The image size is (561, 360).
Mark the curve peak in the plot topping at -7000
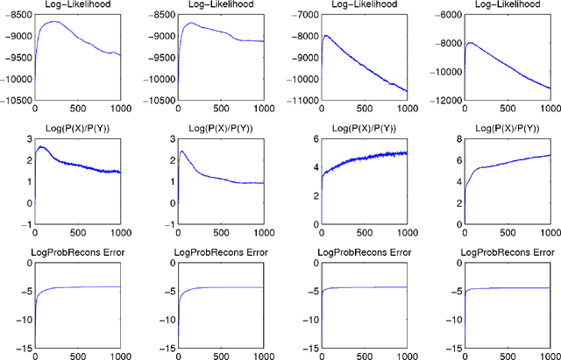pyautogui.click(x=326, y=36)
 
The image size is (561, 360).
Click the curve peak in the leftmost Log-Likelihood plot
pyautogui.click(x=53, y=22)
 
